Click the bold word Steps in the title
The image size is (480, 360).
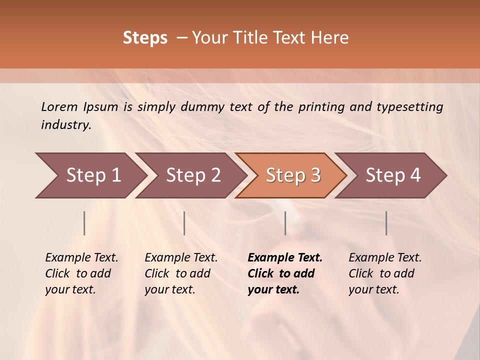pyautogui.click(x=145, y=38)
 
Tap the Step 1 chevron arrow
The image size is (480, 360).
pyautogui.click(x=90, y=175)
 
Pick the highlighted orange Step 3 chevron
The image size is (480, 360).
pyautogui.click(x=291, y=175)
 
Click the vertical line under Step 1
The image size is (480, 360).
pyautogui.click(x=84, y=223)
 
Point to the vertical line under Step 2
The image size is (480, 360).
pyautogui.click(x=184, y=223)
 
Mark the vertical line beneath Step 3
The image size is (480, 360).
pyautogui.click(x=285, y=223)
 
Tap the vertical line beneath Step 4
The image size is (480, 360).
pyautogui.click(x=386, y=223)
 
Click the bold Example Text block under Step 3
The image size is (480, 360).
pyautogui.click(x=285, y=273)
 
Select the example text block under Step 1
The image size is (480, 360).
pyautogui.click(x=81, y=273)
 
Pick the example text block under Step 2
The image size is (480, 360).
pyautogui.click(x=181, y=273)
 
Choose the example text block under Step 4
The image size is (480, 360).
pyautogui.click(x=385, y=273)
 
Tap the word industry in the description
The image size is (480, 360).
pyautogui.click(x=66, y=125)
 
